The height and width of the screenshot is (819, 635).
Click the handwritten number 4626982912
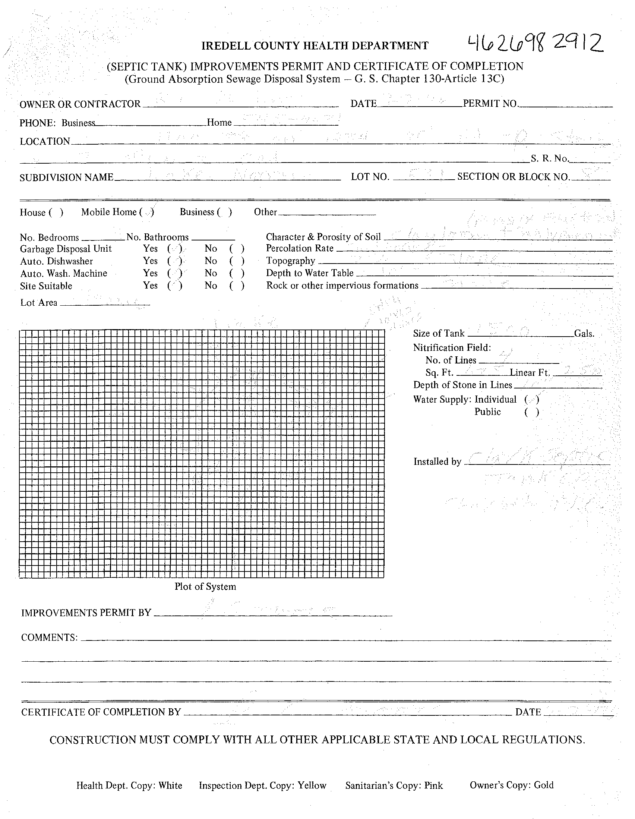pyautogui.click(x=535, y=44)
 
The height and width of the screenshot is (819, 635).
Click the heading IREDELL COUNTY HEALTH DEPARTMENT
pyautogui.click(x=315, y=46)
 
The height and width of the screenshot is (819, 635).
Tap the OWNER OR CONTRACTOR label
pyautogui.click(x=80, y=104)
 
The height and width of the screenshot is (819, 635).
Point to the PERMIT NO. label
pyautogui.click(x=490, y=104)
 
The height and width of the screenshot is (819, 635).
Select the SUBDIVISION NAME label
pyautogui.click(x=66, y=177)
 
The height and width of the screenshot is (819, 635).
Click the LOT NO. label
pyautogui.click(x=370, y=177)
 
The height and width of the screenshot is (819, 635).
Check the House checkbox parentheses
pyautogui.click(x=56, y=212)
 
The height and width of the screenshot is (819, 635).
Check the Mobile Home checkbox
pyautogui.click(x=147, y=212)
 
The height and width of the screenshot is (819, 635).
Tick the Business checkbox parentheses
pyautogui.click(x=225, y=212)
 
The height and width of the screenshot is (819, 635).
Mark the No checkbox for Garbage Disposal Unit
pyautogui.click(x=237, y=249)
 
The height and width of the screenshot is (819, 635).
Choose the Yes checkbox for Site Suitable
pyautogui.click(x=175, y=286)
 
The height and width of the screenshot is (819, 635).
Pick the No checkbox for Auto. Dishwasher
pyautogui.click(x=237, y=261)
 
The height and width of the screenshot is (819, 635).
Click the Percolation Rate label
pyautogui.click(x=300, y=248)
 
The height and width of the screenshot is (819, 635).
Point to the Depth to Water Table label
pyautogui.click(x=310, y=273)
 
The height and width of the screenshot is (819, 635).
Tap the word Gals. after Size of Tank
pyautogui.click(x=584, y=333)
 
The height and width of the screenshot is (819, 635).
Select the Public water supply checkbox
pyautogui.click(x=532, y=412)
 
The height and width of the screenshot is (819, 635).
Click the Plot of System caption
pyautogui.click(x=205, y=587)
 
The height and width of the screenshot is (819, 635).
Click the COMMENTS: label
pyautogui.click(x=50, y=637)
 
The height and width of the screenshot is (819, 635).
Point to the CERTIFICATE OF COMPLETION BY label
pyautogui.click(x=101, y=712)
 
